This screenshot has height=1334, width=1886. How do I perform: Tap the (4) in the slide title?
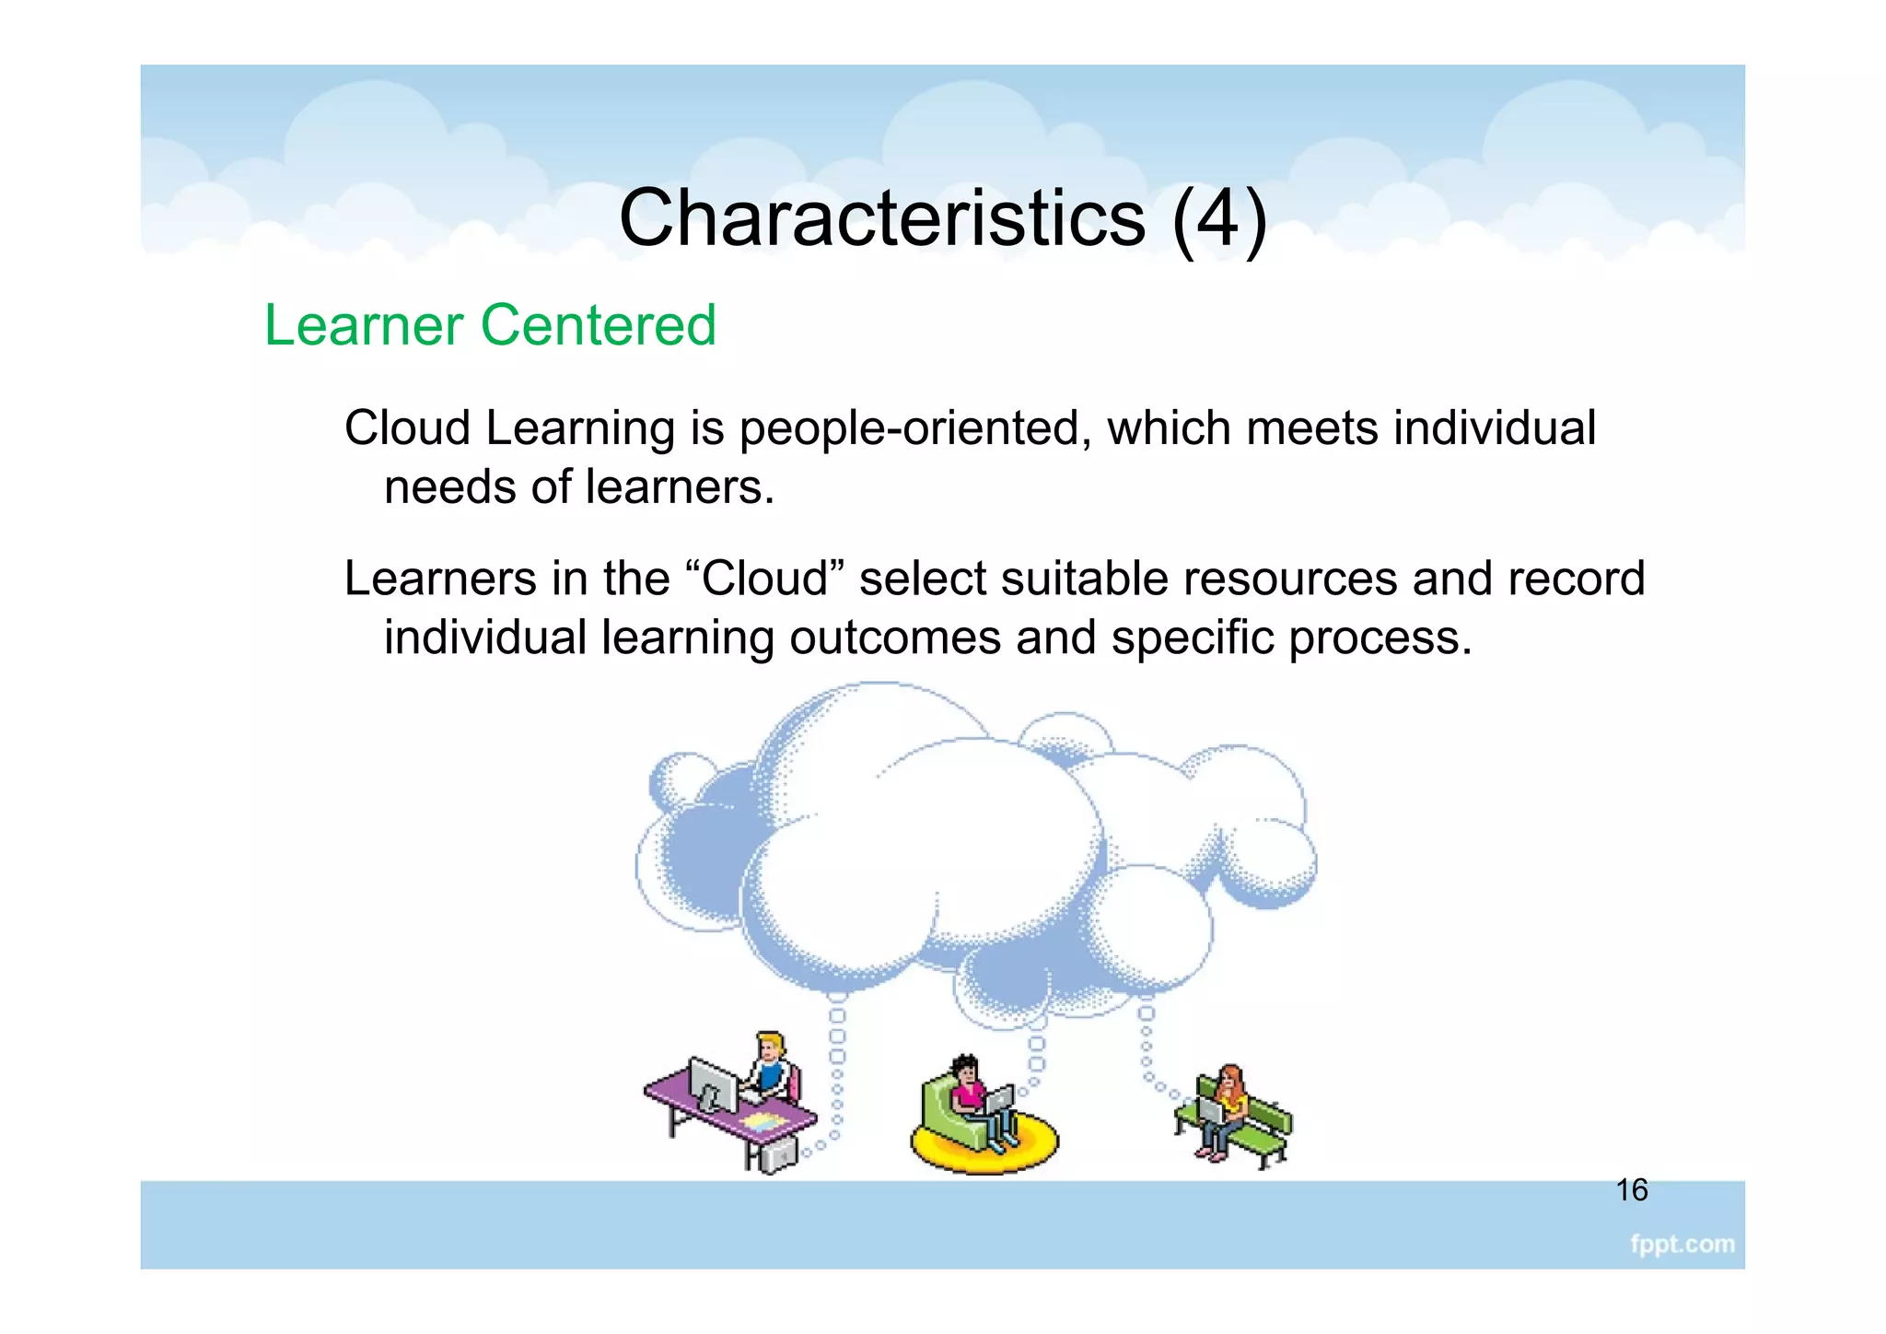pos(1219,218)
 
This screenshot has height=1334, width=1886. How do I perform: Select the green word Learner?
pos(364,325)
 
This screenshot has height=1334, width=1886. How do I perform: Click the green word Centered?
pos(599,325)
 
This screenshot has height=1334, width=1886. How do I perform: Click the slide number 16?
pos(1632,1190)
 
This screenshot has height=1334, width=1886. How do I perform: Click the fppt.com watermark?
pos(1682,1244)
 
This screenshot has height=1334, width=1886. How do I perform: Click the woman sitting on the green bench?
pos(1228,1106)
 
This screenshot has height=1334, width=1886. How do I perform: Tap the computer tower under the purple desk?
pos(778,1153)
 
